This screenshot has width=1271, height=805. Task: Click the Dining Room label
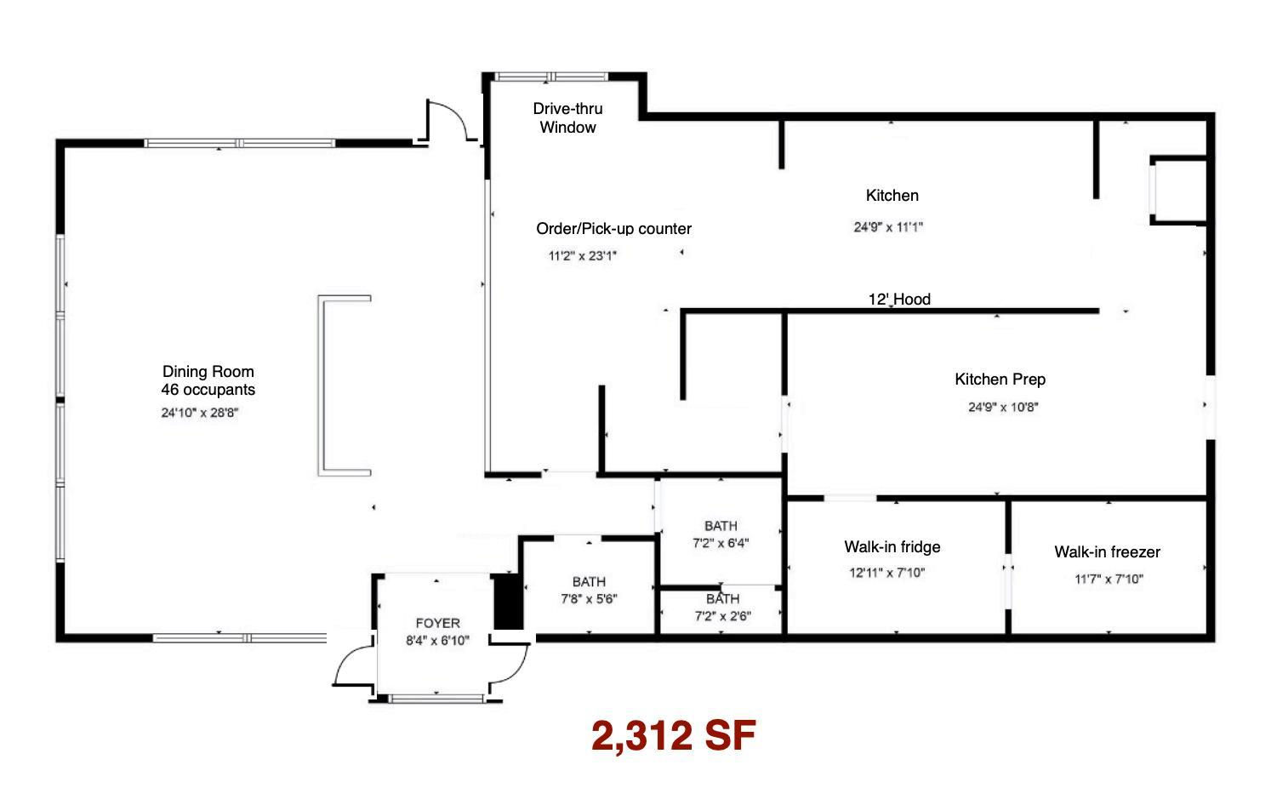pos(208,371)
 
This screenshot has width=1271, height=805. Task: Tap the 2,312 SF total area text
pos(674,736)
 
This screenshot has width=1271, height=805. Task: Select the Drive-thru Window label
pos(567,117)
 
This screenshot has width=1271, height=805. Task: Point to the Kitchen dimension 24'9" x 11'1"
pos(888,227)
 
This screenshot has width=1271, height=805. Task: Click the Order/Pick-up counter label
pos(614,229)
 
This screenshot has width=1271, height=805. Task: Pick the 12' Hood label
pos(899,300)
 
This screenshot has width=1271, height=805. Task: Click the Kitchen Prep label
pos(1000,380)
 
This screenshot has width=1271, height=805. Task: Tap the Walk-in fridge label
pos(892,546)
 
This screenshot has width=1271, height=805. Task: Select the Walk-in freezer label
pos(1108,551)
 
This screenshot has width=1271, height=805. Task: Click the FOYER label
pos(437,623)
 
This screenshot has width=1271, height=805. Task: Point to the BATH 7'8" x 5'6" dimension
pos(589,599)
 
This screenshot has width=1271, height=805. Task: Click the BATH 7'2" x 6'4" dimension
pos(721,543)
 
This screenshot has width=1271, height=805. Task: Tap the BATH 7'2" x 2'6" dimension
pos(723,616)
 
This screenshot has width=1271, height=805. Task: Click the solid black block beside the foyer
pos(508,602)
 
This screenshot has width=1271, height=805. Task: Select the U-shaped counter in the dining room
pos(322,385)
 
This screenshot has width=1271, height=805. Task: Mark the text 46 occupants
pos(208,390)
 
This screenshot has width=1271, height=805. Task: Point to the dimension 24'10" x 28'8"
pos(200,413)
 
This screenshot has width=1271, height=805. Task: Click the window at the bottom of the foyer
pos(436,699)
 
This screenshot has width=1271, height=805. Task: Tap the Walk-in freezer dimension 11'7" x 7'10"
pos(1109,579)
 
